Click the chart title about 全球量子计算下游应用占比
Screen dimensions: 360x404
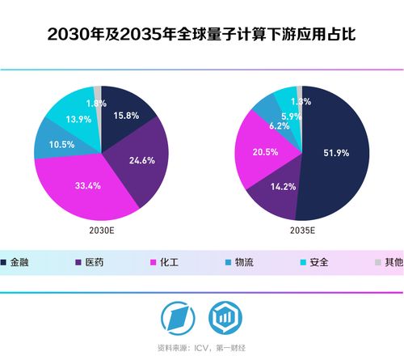pyautogui.click(x=201, y=35)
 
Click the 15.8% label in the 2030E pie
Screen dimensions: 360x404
pyautogui.click(x=125, y=116)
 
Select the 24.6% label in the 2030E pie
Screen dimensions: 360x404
pyautogui.click(x=141, y=160)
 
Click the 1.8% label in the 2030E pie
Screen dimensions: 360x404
pyautogui.click(x=96, y=104)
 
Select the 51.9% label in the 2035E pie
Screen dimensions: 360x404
pyautogui.click(x=337, y=153)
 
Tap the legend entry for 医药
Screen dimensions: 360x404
pyautogui.click(x=93, y=263)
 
